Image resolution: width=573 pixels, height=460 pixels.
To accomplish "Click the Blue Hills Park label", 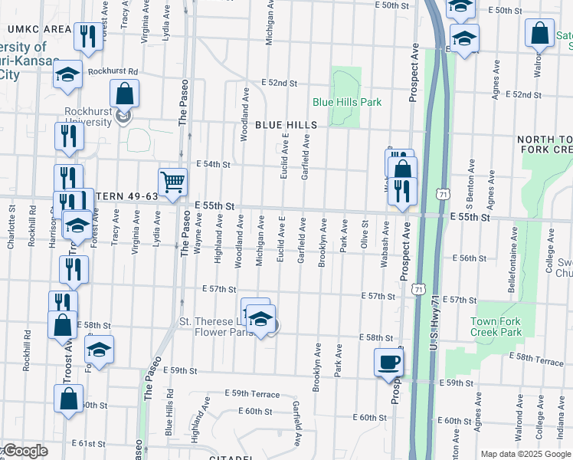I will coord(346,102).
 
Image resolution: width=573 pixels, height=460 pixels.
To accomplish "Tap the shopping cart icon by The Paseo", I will coord(173,182).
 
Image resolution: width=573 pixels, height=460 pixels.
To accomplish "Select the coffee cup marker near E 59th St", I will coord(388,361).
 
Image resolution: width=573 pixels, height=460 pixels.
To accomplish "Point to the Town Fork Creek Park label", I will coord(495,327).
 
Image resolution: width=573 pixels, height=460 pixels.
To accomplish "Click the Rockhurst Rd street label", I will coord(112,71).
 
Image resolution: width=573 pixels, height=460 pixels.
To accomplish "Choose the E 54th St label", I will coord(213,164).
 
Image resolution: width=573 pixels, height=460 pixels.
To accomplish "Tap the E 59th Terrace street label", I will coord(252,393).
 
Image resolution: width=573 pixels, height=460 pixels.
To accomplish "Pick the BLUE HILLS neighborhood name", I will coord(286,125).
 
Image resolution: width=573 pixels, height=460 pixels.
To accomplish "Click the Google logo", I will coord(25,451).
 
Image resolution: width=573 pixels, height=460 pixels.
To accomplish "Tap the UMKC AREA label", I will coord(39,29).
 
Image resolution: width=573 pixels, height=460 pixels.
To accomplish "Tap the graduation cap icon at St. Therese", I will coord(260,319).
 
